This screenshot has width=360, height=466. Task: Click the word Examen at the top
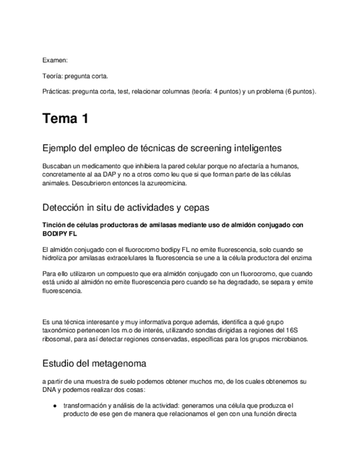point(54,60)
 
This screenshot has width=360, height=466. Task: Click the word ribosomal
point(56,339)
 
